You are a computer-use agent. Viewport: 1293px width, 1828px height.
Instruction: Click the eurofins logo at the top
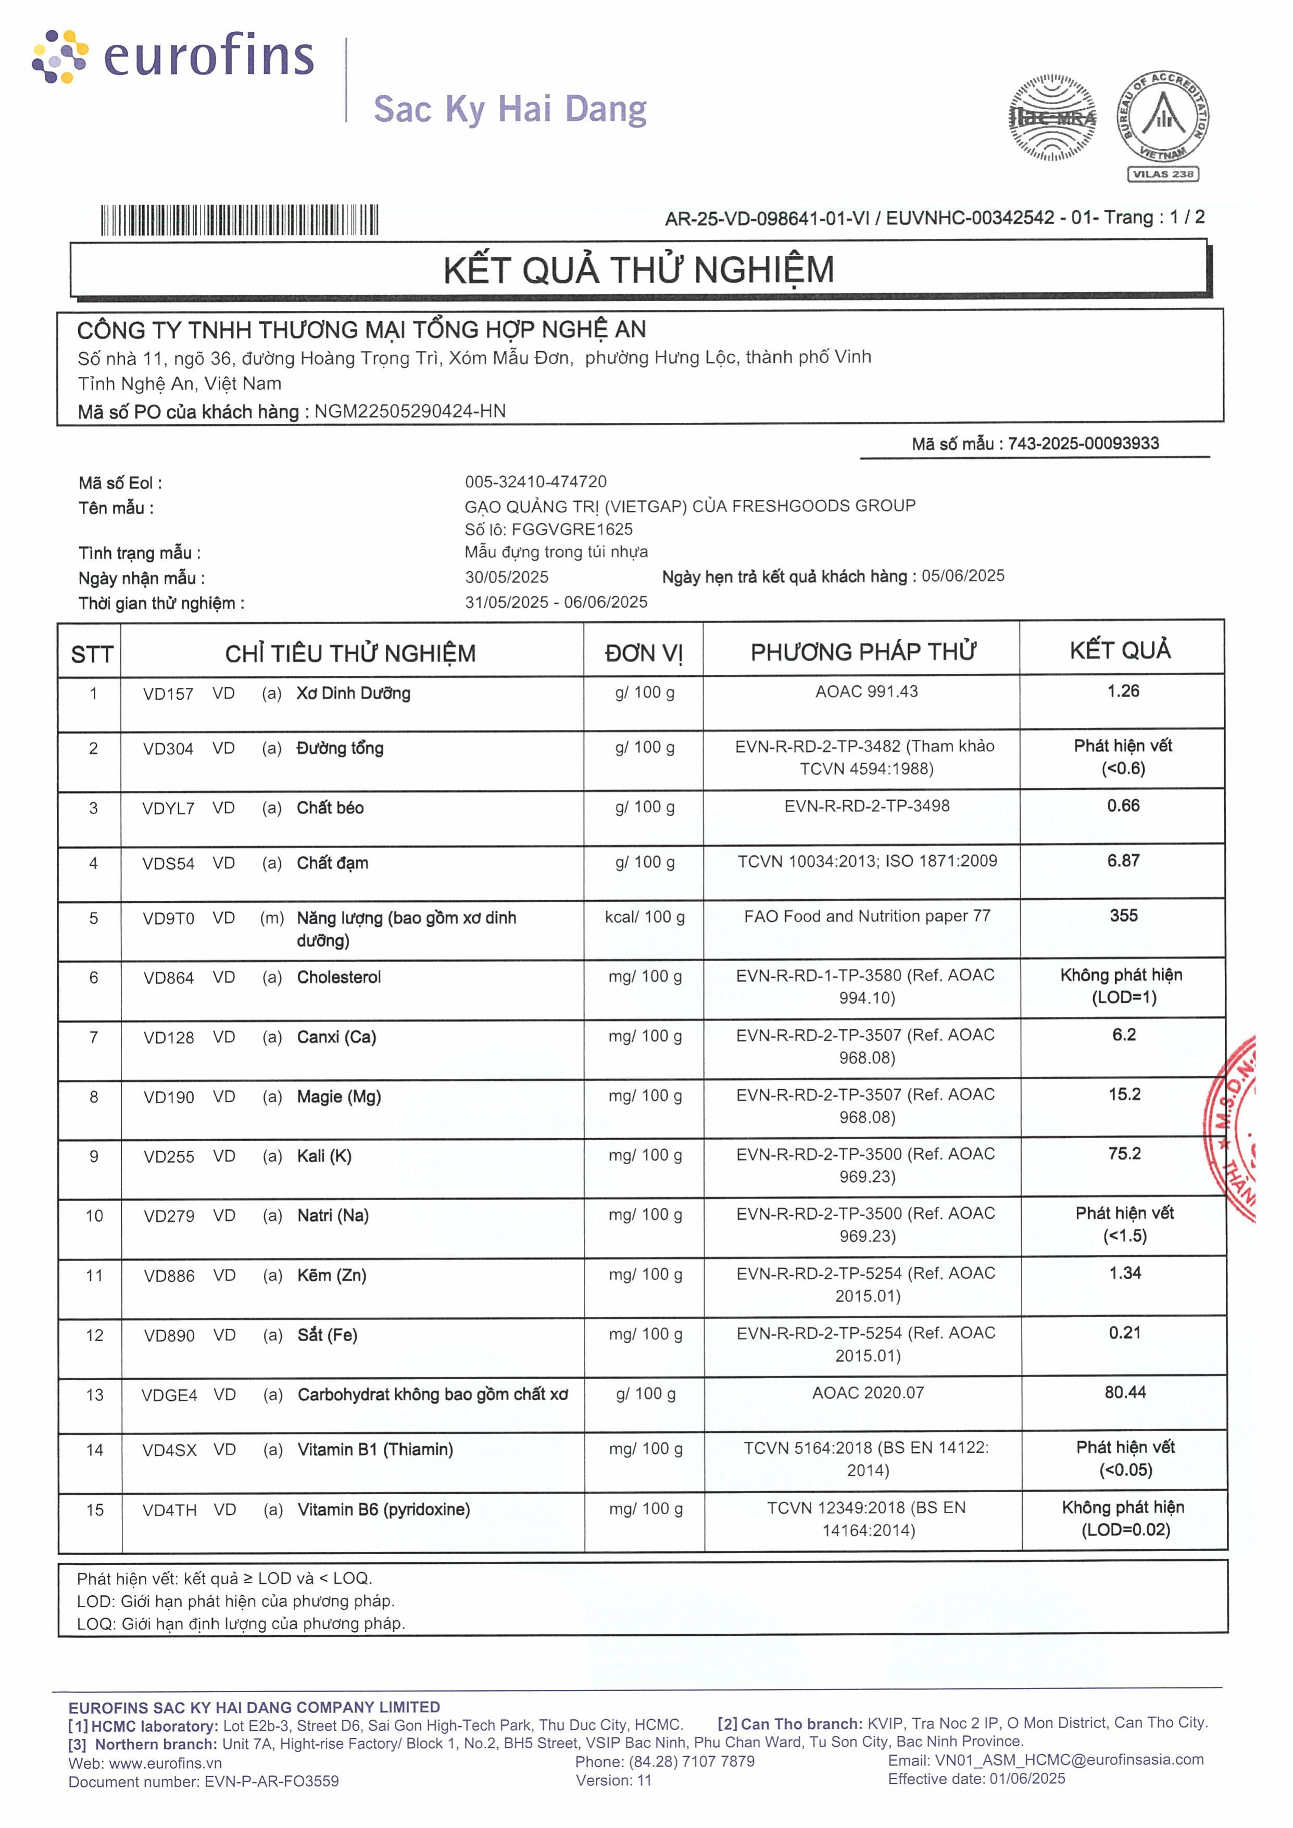[173, 57]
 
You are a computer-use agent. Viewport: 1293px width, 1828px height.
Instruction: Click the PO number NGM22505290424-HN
[410, 411]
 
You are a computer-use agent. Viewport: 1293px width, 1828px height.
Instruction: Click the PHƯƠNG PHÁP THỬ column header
[862, 652]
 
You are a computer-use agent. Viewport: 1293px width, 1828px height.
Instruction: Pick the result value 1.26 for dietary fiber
[1123, 691]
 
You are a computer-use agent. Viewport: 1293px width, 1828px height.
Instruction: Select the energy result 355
[1123, 916]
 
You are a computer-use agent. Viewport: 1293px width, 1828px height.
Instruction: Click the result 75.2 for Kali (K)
[1124, 1154]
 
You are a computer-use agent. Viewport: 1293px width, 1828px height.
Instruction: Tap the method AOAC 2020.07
[868, 1393]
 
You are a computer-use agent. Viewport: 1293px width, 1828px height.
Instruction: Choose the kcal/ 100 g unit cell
[644, 917]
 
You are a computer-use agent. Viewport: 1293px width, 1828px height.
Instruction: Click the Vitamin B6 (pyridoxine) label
[384, 1509]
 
